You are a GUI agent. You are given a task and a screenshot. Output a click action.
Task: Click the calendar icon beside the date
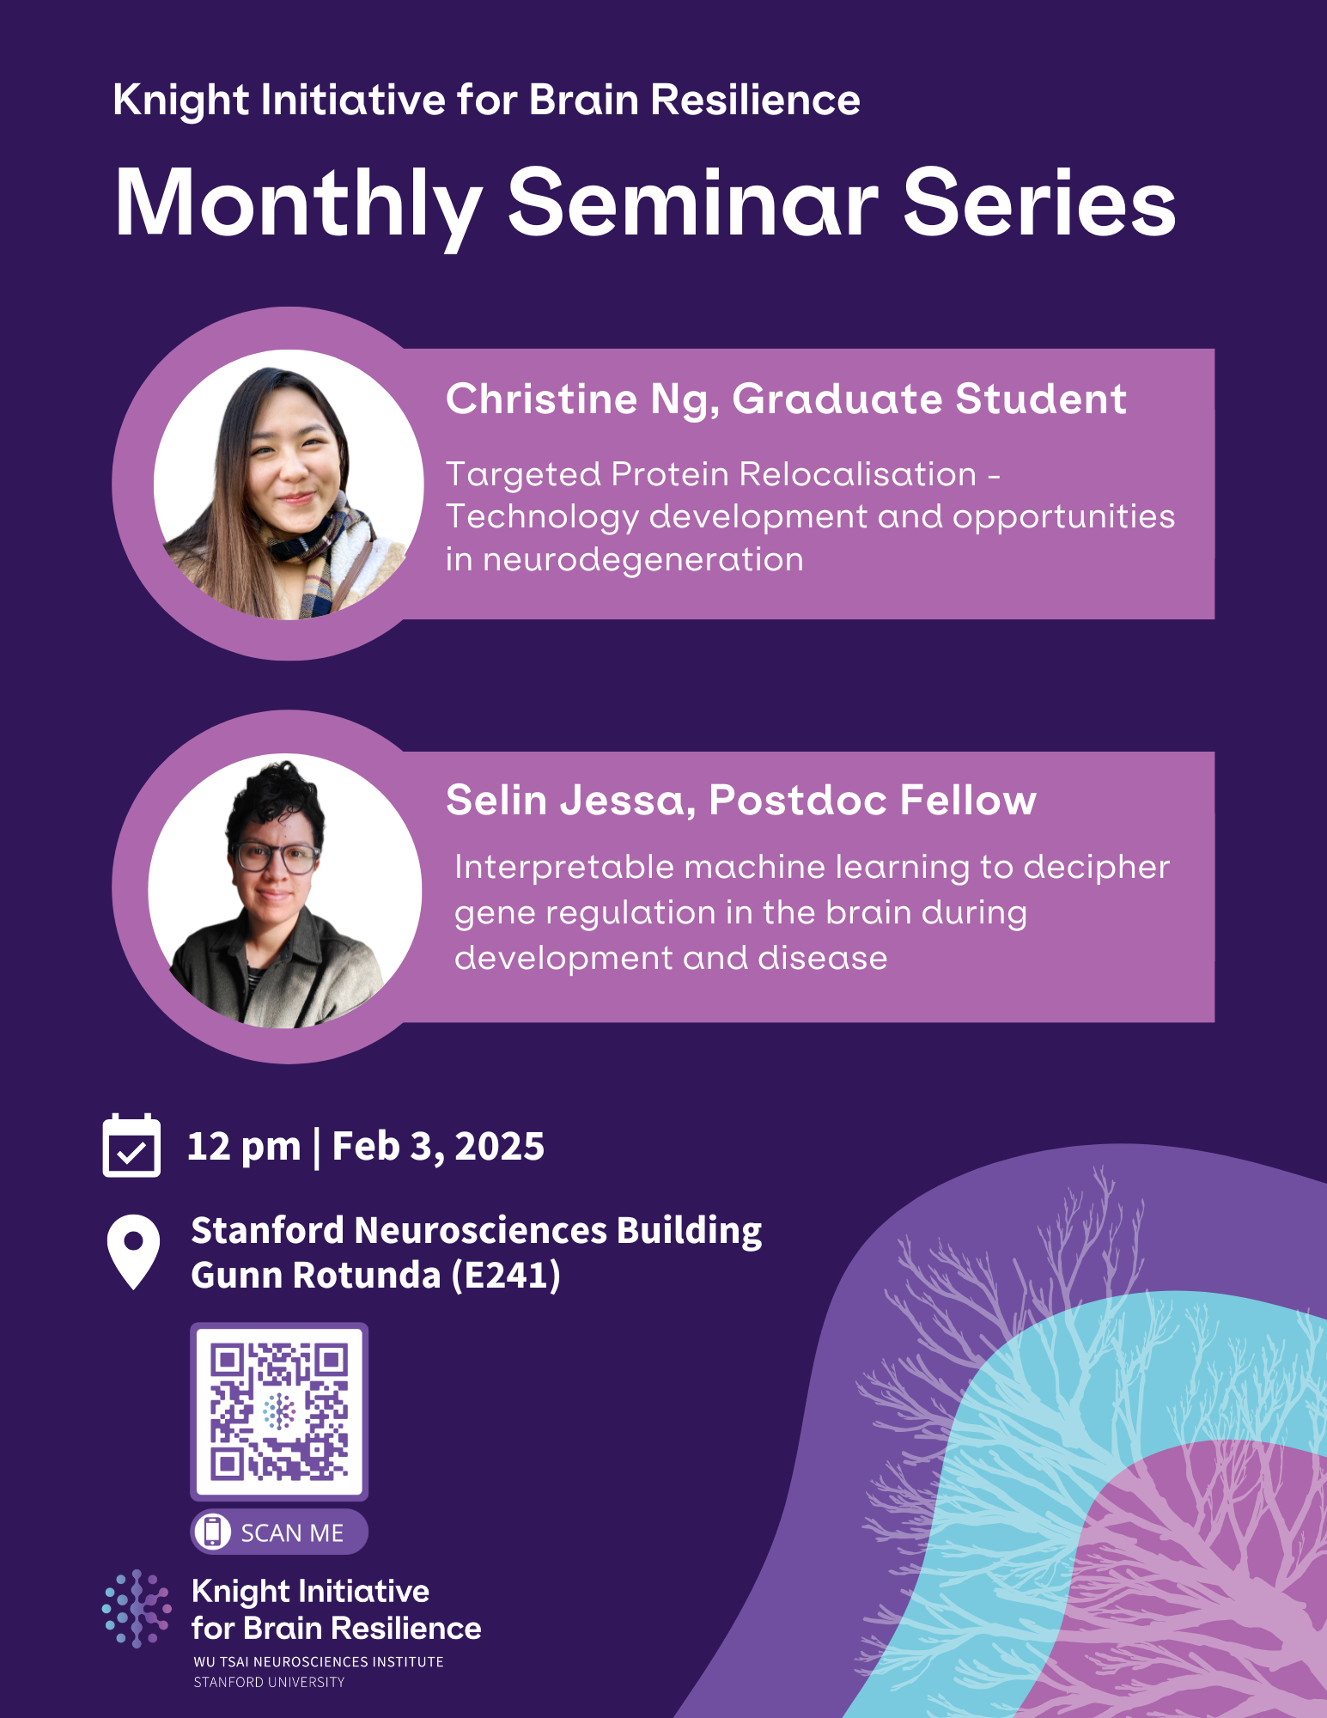click(x=131, y=1146)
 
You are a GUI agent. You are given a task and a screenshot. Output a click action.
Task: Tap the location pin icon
click(x=133, y=1250)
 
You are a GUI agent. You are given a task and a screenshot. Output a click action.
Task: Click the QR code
click(x=279, y=1411)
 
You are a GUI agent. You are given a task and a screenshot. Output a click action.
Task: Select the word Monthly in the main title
click(x=298, y=204)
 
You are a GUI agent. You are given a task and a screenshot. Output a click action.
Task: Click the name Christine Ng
click(x=581, y=399)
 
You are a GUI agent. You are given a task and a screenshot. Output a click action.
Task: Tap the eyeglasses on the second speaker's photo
click(x=274, y=856)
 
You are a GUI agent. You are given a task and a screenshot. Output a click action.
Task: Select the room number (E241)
click(x=507, y=1276)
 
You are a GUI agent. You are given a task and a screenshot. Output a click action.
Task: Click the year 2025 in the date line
click(x=499, y=1147)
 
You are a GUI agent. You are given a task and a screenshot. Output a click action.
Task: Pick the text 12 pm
click(x=244, y=1147)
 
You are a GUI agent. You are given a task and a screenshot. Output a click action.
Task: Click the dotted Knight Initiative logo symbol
click(x=137, y=1608)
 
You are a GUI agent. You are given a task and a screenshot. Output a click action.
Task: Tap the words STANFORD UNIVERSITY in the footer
click(x=269, y=1682)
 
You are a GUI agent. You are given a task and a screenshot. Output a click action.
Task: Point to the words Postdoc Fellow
click(x=873, y=801)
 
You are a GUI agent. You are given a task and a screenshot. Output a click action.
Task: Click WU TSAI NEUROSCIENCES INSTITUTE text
click(x=319, y=1662)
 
